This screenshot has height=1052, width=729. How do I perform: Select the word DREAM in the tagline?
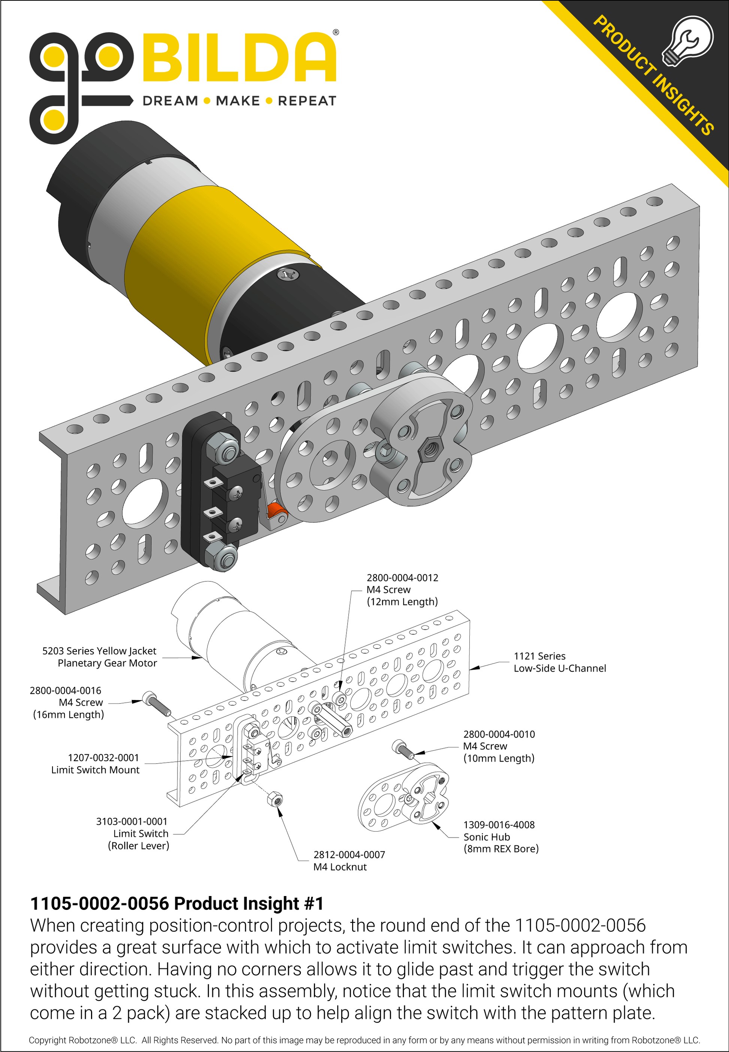(170, 101)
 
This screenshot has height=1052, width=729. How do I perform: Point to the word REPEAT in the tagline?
(306, 101)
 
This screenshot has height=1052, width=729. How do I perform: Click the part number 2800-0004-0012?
(402, 578)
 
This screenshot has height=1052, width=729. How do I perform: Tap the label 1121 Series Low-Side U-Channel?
(560, 662)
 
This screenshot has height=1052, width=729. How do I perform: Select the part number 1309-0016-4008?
(499, 825)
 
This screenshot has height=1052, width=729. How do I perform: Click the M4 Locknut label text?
(340, 867)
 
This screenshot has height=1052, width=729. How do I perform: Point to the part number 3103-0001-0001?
(131, 821)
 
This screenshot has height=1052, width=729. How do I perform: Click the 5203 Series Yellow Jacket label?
(99, 657)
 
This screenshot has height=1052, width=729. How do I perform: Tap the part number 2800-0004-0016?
(65, 691)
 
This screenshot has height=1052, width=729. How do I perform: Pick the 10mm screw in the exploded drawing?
(402, 749)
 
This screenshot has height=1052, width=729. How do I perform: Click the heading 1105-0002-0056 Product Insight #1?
(177, 904)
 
